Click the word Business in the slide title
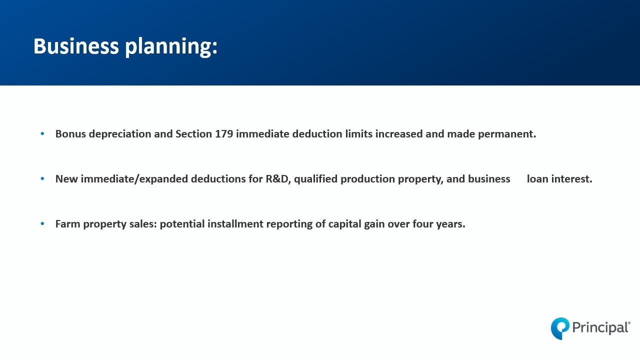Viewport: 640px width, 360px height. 76,46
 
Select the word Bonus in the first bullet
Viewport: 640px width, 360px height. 70,133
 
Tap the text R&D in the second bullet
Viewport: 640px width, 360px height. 277,179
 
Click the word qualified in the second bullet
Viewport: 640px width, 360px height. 315,179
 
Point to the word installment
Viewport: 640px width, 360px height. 235,224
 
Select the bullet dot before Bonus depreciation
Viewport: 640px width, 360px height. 42,133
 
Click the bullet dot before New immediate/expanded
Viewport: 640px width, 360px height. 42,178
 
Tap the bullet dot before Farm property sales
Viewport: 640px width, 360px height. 42,223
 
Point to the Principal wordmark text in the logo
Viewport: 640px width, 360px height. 600,327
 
